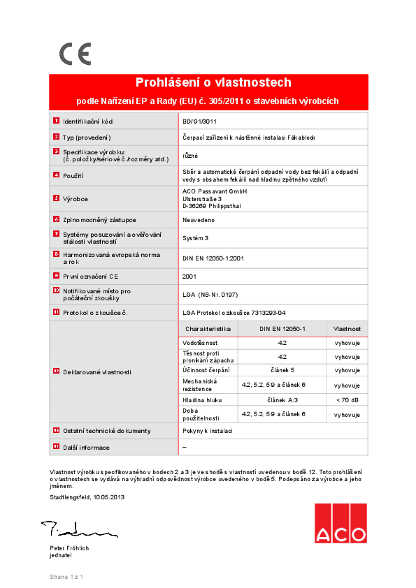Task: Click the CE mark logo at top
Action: pyautogui.click(x=75, y=54)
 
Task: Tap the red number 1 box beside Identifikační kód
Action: pyautogui.click(x=56, y=122)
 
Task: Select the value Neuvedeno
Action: pyautogui.click(x=198, y=220)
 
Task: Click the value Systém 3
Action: pyautogui.click(x=196, y=238)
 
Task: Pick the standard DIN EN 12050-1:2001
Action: pyautogui.click(x=213, y=258)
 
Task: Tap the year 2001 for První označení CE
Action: pyautogui.click(x=189, y=277)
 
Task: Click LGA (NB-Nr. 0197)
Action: pyautogui.click(x=209, y=295)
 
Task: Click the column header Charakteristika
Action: pyautogui.click(x=208, y=328)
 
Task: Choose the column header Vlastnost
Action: pyautogui.click(x=347, y=328)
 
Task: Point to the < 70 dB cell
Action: pyautogui.click(x=347, y=400)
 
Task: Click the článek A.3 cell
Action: pyautogui.click(x=282, y=400)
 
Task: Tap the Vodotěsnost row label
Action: pyautogui.click(x=200, y=344)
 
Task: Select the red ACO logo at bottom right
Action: pyautogui.click(x=340, y=524)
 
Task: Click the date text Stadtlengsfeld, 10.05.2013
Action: pyautogui.click(x=87, y=497)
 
